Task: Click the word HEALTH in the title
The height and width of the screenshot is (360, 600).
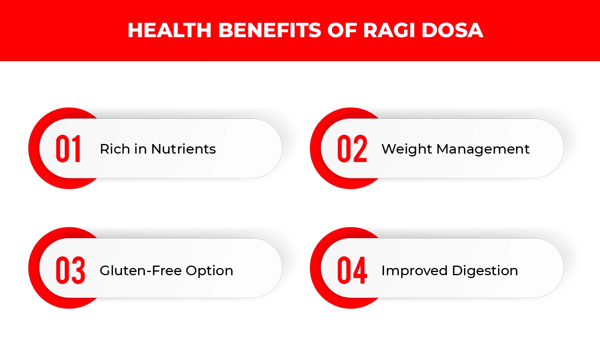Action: (169, 30)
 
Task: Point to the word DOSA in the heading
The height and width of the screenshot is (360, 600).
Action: (452, 30)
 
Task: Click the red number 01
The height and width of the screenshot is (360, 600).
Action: (68, 149)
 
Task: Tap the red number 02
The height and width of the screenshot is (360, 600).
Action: (352, 149)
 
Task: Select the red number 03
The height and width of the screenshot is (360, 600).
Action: (70, 270)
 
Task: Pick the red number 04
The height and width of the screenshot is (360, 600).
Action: (352, 270)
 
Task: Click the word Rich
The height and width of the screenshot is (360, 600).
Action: (115, 149)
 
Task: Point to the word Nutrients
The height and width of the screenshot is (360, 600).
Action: (184, 149)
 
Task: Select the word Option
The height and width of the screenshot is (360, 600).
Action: (209, 271)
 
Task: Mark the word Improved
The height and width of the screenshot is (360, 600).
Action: (414, 271)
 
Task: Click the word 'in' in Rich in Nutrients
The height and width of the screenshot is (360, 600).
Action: (140, 149)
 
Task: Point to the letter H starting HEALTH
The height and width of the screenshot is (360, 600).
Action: (135, 30)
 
